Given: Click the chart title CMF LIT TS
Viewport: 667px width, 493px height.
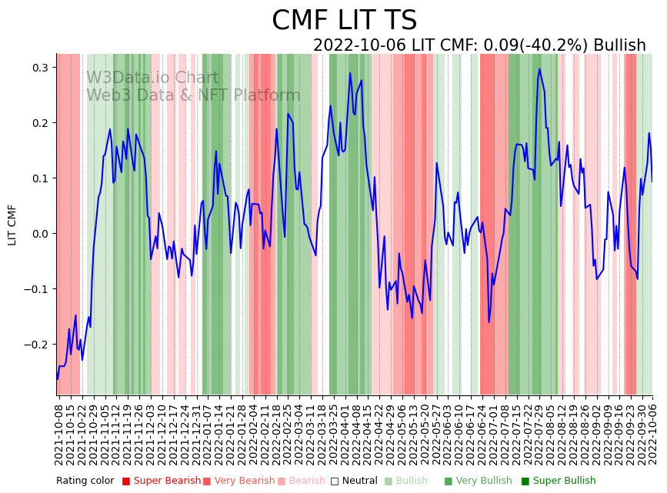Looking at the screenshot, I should [x=344, y=21].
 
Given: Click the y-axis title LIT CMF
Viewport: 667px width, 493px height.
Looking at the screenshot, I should [x=12, y=225].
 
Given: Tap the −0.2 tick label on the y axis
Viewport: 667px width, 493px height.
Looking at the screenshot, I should [x=35, y=345].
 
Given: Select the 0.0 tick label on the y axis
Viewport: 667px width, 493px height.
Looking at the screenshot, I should [x=38, y=234].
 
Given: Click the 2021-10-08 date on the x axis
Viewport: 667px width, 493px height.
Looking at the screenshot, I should [x=60, y=431].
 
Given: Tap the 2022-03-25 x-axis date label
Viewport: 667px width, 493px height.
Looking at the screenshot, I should [x=334, y=431].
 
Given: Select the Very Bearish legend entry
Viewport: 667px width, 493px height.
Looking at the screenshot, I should [x=238, y=481].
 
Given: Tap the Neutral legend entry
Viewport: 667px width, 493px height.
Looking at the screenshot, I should [x=355, y=481].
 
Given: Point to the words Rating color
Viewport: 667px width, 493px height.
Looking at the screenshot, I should [x=85, y=481].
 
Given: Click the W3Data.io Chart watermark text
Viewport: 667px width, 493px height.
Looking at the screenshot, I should [x=152, y=78].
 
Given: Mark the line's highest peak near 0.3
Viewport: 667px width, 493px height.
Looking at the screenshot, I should [x=539, y=69].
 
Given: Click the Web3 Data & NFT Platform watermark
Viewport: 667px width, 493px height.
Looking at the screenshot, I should [x=193, y=96].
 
